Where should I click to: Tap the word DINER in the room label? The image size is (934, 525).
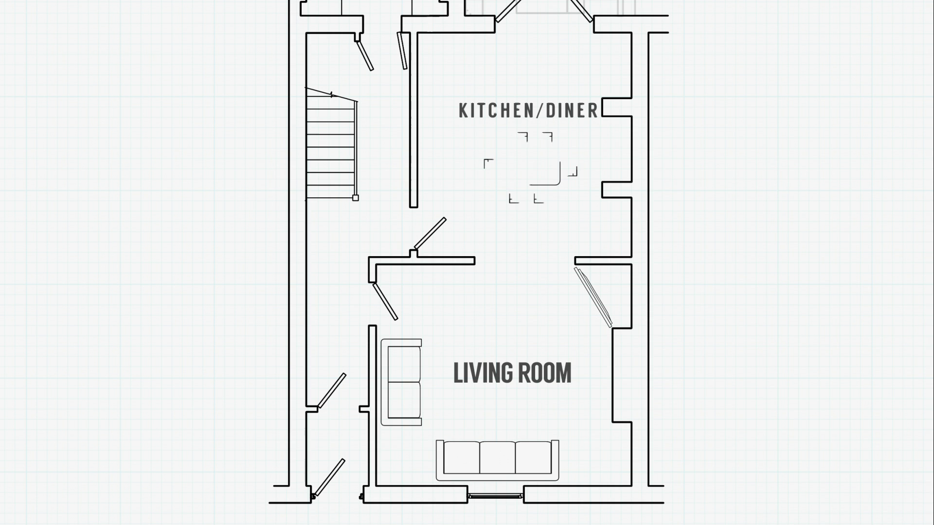[572, 111]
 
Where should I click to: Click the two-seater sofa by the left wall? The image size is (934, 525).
[401, 382]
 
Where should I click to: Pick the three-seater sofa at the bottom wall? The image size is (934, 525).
[497, 460]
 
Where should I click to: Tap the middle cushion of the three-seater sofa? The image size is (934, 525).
[497, 457]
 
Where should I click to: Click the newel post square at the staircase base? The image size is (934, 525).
[356, 198]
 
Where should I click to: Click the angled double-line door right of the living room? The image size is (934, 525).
[593, 297]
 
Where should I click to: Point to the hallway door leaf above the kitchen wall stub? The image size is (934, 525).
[430, 233]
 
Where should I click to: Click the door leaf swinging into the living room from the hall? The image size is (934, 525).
[385, 301]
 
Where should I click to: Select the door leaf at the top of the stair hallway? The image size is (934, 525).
[365, 55]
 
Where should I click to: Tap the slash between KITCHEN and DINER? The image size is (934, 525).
[540, 111]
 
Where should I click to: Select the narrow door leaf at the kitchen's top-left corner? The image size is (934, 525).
[402, 51]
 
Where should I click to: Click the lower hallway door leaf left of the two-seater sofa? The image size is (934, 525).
[331, 391]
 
